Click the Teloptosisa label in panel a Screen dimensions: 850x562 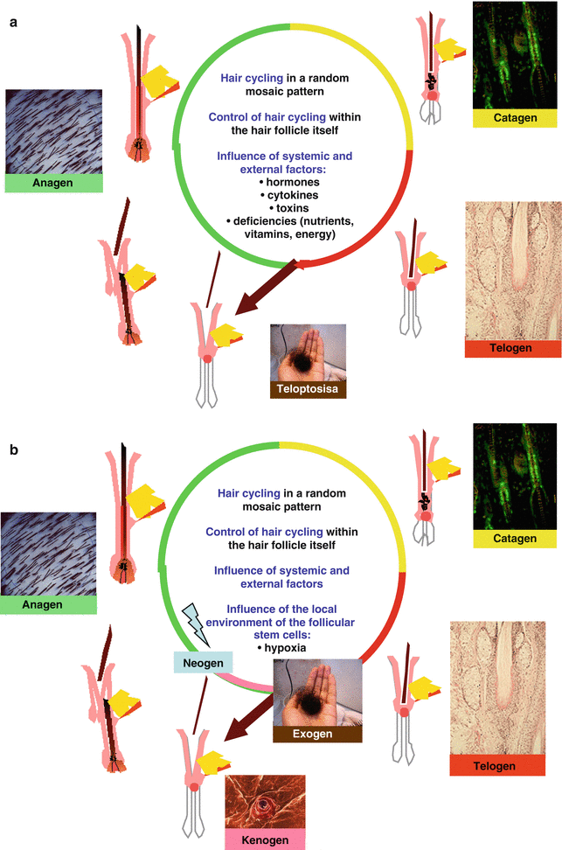(308, 389)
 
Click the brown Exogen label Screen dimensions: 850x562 (316, 734)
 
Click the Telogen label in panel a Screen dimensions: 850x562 (512, 349)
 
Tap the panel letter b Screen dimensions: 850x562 (14, 451)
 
